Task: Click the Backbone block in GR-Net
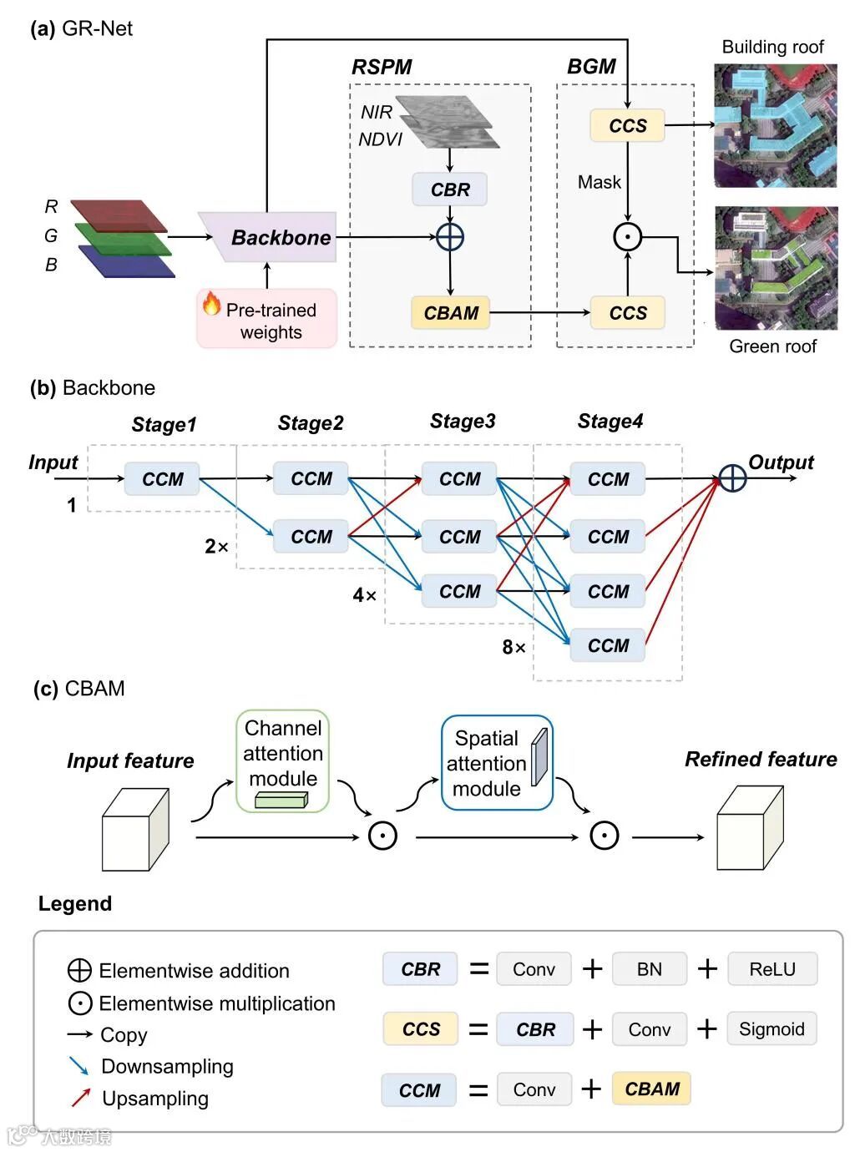tap(276, 237)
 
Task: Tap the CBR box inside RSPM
tap(450, 189)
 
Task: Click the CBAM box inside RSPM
tap(451, 313)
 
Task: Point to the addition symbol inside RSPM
tap(450, 237)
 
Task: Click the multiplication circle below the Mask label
tap(628, 237)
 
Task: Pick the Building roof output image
tap(775, 125)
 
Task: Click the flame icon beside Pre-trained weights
tap(212, 304)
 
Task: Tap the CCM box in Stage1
tap(162, 479)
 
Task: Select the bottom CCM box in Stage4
tap(608, 645)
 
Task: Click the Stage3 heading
tap(463, 422)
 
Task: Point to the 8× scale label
tap(514, 647)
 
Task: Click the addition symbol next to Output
tap(732, 478)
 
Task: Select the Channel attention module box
tap(283, 760)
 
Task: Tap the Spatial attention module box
tap(497, 762)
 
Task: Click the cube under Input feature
tap(135, 831)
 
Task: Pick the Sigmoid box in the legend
tap(772, 1028)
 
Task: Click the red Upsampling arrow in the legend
tap(80, 1098)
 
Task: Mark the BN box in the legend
tap(649, 969)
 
